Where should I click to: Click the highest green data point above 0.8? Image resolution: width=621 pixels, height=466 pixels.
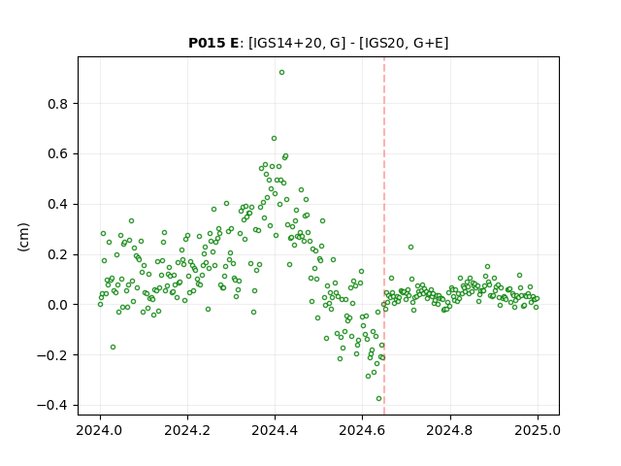click(281, 73)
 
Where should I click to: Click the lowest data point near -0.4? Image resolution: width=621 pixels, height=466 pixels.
click(378, 399)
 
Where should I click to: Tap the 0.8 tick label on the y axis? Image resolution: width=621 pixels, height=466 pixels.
click(58, 104)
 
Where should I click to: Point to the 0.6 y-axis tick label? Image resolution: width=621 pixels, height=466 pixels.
click(58, 154)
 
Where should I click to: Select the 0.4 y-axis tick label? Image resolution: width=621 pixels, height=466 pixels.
click(58, 205)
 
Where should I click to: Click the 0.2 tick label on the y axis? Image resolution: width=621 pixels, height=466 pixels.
click(58, 254)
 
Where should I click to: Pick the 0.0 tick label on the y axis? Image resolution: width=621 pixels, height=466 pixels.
click(58, 305)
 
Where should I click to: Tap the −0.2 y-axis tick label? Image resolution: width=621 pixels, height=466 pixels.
click(52, 355)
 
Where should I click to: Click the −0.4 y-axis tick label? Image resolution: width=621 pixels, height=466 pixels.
click(52, 406)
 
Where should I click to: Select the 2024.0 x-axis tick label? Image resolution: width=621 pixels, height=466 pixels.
click(100, 430)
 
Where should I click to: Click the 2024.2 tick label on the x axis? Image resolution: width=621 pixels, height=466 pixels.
click(187, 430)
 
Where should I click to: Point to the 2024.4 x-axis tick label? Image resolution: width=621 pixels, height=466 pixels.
click(275, 430)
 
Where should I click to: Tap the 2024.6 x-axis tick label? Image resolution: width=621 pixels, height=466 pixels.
click(362, 430)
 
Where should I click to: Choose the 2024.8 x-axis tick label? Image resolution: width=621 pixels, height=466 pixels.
click(450, 430)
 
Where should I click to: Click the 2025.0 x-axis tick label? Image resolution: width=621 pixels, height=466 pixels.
click(538, 430)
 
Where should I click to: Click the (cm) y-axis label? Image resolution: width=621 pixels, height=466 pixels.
click(23, 237)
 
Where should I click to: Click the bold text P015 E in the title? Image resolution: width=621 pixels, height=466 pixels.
click(213, 43)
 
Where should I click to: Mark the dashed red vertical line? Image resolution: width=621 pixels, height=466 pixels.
click(384, 236)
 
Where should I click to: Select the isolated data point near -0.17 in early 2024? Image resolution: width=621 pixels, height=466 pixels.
click(113, 348)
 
